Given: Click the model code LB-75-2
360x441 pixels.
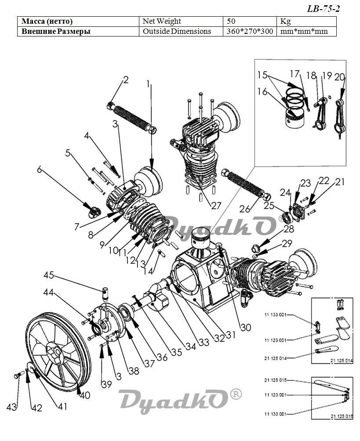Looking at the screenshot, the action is coord(323,9).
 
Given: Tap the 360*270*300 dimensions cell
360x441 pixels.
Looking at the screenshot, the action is coord(250,31).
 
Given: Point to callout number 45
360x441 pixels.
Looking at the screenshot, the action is coord(49,275).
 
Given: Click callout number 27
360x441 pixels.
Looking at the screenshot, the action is coord(216,206).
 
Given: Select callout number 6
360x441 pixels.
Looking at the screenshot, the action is coord(40,169).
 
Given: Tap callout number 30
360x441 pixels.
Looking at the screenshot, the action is coord(246,327).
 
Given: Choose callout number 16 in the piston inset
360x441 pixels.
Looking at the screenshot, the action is coord(262,91).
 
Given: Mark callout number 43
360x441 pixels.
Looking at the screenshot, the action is coord(11,407).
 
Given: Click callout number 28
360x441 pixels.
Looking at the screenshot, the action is coord(288,229).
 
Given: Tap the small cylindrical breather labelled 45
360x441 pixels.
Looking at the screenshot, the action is coord(105,292).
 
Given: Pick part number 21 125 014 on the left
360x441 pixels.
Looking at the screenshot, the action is coord(275,358).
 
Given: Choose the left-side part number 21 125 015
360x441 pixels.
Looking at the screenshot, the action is coord(275,380).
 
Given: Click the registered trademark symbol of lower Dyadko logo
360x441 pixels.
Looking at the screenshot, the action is coord(236,394).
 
